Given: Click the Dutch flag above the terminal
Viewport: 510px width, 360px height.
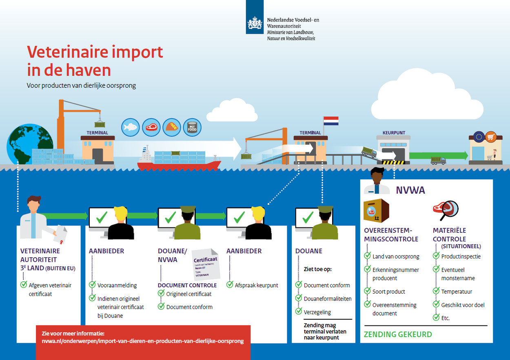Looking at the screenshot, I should click(331, 121).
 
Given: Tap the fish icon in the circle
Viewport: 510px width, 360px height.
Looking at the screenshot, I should click(131, 127).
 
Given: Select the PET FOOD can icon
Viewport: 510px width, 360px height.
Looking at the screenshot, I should click(192, 127).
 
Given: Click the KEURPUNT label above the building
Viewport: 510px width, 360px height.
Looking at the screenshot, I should click(394, 133).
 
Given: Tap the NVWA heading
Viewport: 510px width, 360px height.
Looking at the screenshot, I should click(410, 190).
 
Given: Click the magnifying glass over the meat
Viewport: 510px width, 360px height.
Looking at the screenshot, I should click(450, 209).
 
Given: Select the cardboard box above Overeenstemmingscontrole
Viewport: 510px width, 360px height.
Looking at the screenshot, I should click(376, 211).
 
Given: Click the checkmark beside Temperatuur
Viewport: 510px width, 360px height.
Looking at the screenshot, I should click(436, 291).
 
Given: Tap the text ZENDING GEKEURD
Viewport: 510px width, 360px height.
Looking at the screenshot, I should click(398, 335).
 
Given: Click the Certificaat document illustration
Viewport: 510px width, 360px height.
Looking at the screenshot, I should click(206, 264).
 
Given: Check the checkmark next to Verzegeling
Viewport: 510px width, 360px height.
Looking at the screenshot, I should click(299, 312).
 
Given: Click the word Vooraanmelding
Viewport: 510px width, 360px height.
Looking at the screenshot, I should click(117, 285).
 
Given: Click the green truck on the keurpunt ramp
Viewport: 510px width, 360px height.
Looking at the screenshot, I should click(369, 152).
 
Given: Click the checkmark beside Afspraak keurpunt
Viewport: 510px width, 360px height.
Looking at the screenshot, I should click(230, 285).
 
